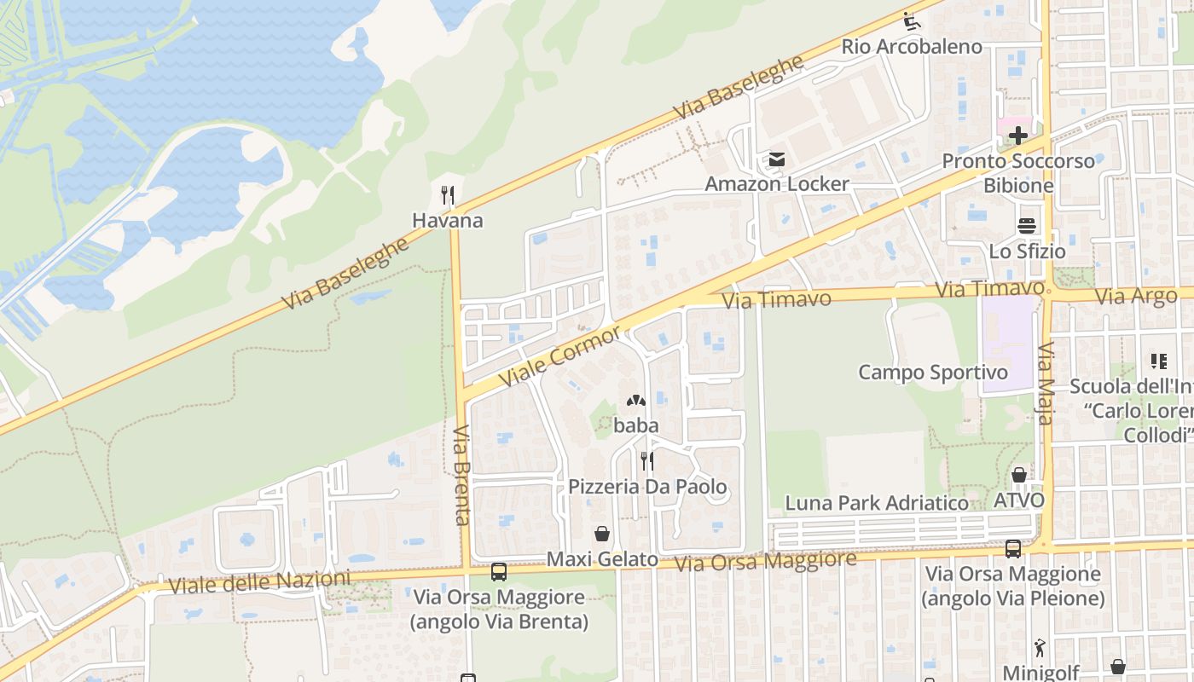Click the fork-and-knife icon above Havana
pyautogui.click(x=448, y=195)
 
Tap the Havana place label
pyautogui.click(x=448, y=221)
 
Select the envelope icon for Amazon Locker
pyautogui.click(x=777, y=159)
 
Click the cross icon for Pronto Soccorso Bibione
pyautogui.click(x=1017, y=136)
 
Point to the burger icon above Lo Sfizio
pyautogui.click(x=1027, y=226)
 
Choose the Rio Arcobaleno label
pyautogui.click(x=912, y=47)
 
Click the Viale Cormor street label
pyautogui.click(x=561, y=355)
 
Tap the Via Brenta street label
pyautogui.click(x=461, y=475)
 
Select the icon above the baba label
pyautogui.click(x=636, y=400)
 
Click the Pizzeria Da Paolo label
pyautogui.click(x=648, y=487)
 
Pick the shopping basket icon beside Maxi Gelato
pyautogui.click(x=602, y=534)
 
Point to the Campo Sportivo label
pyautogui.click(x=932, y=373)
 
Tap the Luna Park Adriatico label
pyautogui.click(x=877, y=503)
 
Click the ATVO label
pyautogui.click(x=1019, y=500)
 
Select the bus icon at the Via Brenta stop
pyautogui.click(x=499, y=572)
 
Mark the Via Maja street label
pyautogui.click(x=1046, y=383)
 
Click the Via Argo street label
pyautogui.click(x=1135, y=297)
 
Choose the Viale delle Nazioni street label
pyautogui.click(x=259, y=583)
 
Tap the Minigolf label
pyautogui.click(x=1040, y=672)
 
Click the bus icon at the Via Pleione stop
pyautogui.click(x=1013, y=549)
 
